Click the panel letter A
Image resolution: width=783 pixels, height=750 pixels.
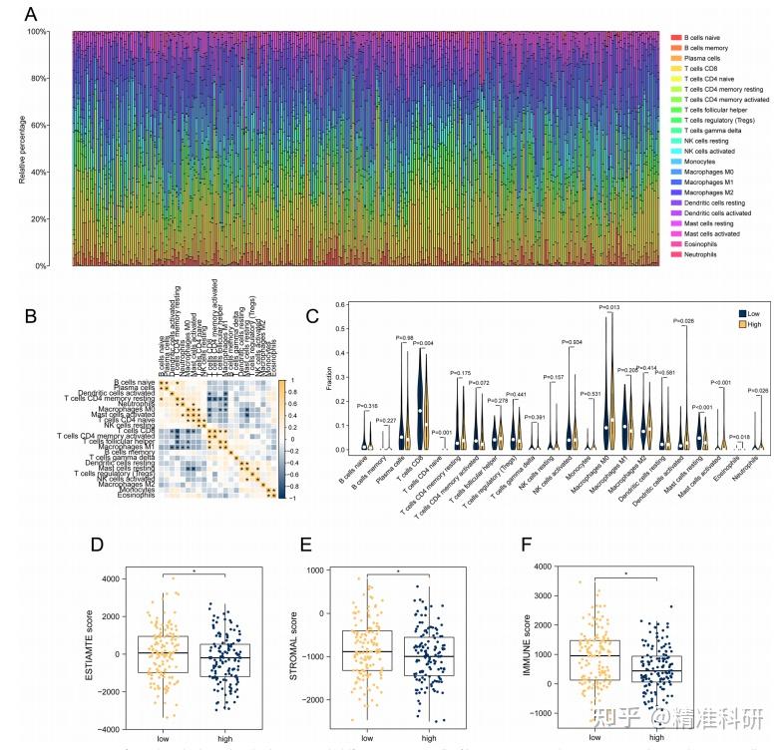tap(31, 15)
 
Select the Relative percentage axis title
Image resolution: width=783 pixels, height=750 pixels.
tap(22, 150)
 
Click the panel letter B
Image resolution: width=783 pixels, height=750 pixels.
tap(31, 317)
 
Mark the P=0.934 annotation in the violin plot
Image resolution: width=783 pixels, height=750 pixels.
tap(572, 341)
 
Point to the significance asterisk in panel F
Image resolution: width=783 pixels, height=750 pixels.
tap(626, 574)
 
